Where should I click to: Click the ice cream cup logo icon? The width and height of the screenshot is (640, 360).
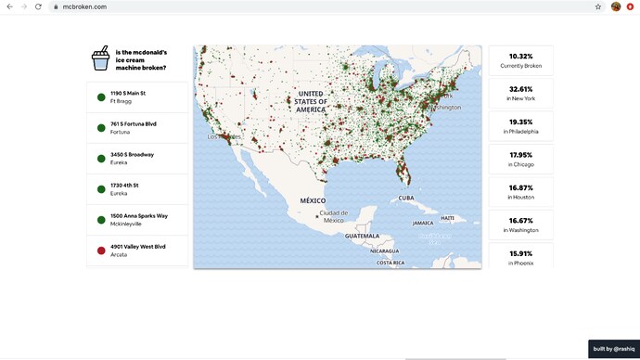pyautogui.click(x=99, y=60)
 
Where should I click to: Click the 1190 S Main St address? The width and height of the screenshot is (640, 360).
pyautogui.click(x=129, y=94)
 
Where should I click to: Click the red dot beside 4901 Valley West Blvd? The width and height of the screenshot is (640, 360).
pyautogui.click(x=100, y=251)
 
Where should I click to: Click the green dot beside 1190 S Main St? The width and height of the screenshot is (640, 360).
pyautogui.click(x=100, y=96)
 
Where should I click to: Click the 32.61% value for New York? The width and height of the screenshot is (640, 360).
pyautogui.click(x=520, y=90)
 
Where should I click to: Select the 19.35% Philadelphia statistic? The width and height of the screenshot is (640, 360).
pyautogui.click(x=520, y=122)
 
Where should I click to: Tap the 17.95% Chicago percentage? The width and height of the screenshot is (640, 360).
pyautogui.click(x=520, y=155)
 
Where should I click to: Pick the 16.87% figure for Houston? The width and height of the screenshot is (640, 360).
pyautogui.click(x=520, y=188)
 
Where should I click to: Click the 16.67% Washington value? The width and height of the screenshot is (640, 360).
pyautogui.click(x=520, y=221)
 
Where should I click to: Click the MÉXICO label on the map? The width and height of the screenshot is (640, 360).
pyautogui.click(x=313, y=200)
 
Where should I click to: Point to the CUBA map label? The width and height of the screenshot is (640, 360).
pyautogui.click(x=406, y=198)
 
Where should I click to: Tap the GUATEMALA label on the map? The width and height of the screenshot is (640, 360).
pyautogui.click(x=362, y=237)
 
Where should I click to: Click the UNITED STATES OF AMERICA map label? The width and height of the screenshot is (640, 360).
pyautogui.click(x=311, y=101)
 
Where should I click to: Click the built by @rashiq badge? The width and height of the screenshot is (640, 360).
pyautogui.click(x=613, y=349)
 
